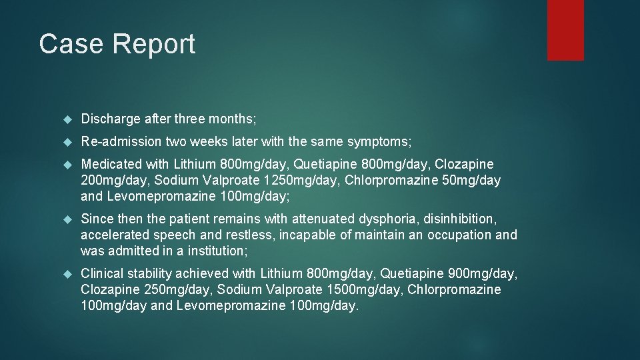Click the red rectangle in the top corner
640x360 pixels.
[565, 30]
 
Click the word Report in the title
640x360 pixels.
[154, 44]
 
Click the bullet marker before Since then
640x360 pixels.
[67, 219]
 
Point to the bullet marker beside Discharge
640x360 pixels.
[67, 120]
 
